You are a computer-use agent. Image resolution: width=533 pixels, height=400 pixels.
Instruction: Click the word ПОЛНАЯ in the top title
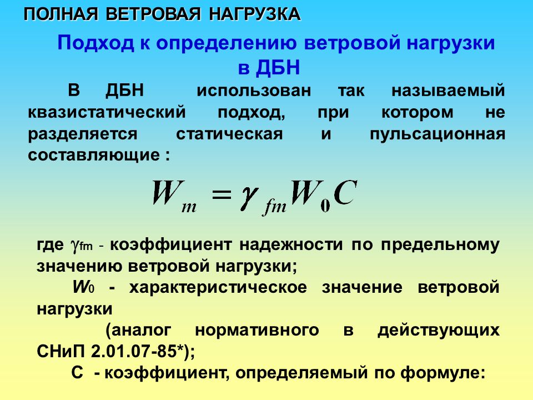pyautogui.click(x=61, y=14)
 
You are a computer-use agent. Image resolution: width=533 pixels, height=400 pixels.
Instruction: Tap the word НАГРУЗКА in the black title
pyautogui.click(x=254, y=14)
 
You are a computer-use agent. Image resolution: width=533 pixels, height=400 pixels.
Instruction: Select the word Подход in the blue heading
pyautogui.click(x=95, y=43)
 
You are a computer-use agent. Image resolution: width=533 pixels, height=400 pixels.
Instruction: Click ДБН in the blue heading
pyautogui.click(x=278, y=67)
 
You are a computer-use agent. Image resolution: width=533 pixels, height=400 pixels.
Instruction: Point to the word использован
pyautogui.click(x=254, y=91)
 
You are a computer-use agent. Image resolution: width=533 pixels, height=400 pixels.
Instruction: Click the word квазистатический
pyautogui.click(x=107, y=112)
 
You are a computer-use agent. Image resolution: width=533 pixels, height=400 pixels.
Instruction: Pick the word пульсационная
pyautogui.click(x=437, y=134)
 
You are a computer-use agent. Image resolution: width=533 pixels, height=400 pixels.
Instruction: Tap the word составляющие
pyautogui.click(x=94, y=156)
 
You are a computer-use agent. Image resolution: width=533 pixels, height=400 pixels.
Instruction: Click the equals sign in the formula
pyautogui.click(x=222, y=196)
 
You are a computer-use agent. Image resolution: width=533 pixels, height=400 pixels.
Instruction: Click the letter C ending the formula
pyautogui.click(x=345, y=193)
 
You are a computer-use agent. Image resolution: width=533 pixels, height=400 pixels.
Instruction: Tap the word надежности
pyautogui.click(x=291, y=245)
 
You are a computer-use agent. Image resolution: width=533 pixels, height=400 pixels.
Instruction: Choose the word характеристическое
pyautogui.click(x=218, y=288)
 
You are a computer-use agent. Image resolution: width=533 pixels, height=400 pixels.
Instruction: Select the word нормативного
pyautogui.click(x=257, y=330)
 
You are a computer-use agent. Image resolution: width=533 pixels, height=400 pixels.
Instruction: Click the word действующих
pyautogui.click(x=439, y=331)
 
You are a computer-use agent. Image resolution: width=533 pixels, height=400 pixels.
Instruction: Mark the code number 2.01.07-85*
pyautogui.click(x=138, y=351)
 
